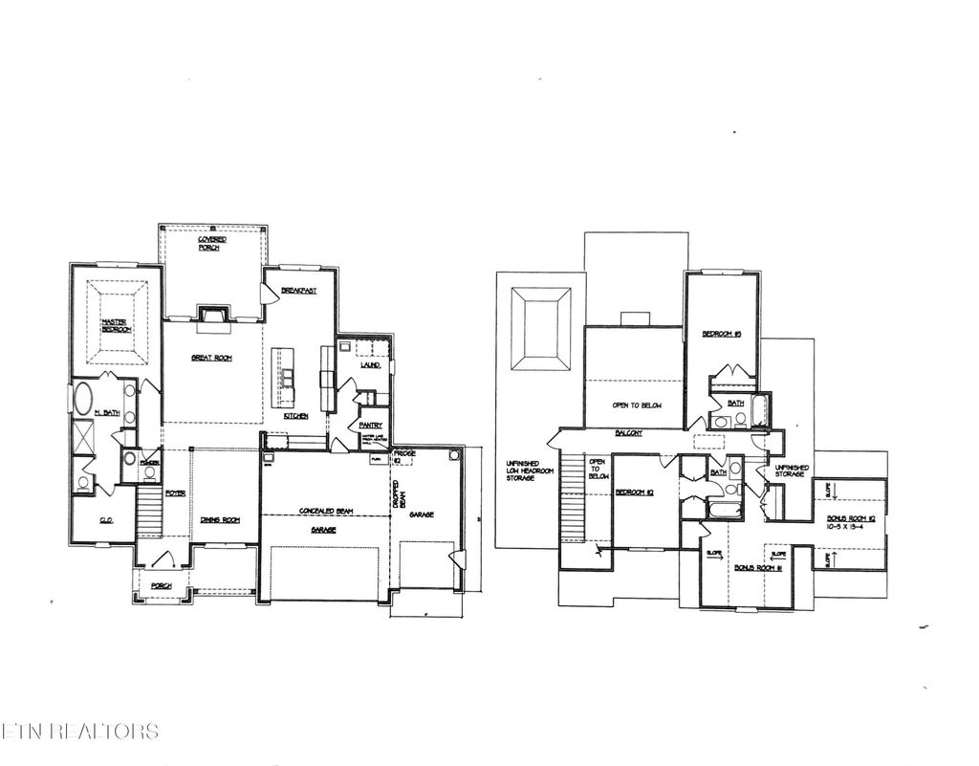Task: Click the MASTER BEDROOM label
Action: [117, 324]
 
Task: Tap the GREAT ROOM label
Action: [211, 358]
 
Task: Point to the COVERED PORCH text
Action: [210, 243]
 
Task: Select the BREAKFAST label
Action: [299, 290]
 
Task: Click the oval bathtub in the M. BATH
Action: [84, 399]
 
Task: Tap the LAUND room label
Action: [370, 365]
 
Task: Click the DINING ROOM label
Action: [219, 520]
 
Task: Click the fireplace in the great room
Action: [211, 314]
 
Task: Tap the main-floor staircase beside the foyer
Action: [151, 512]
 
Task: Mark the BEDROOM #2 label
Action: [633, 492]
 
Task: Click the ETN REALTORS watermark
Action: [80, 732]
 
